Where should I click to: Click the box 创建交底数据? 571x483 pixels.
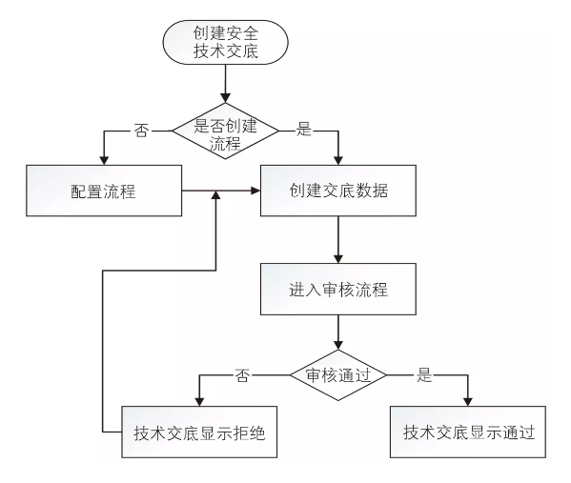coord(338,190)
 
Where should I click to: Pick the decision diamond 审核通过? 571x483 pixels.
coord(337,375)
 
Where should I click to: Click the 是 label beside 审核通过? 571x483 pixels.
coord(424,374)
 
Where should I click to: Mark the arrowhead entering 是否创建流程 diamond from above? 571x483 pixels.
coord(225,98)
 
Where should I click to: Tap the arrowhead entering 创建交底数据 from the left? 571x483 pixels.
coord(255,191)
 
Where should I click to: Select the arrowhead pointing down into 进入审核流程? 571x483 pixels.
coord(338,259)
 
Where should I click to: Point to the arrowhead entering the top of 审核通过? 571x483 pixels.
coord(338,347)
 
